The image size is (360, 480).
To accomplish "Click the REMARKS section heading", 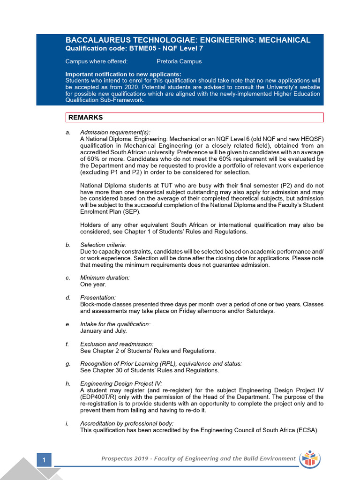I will click(86, 117).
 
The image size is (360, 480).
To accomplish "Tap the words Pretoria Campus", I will click(179, 61).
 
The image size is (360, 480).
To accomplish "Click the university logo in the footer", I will click(310, 459).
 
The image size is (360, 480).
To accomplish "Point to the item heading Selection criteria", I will click(103, 245).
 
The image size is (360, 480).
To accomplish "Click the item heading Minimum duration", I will click(105, 277).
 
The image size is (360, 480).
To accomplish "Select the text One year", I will click(93, 284).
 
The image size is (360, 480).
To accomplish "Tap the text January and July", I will click(104, 330).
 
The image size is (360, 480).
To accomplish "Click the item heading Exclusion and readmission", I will click(117, 344).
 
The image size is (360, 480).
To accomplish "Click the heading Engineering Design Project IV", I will click(121, 383).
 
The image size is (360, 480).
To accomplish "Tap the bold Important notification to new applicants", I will click(123, 74).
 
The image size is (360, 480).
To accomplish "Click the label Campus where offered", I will click(96, 61).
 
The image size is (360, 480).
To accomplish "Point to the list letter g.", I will click(67, 364).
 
